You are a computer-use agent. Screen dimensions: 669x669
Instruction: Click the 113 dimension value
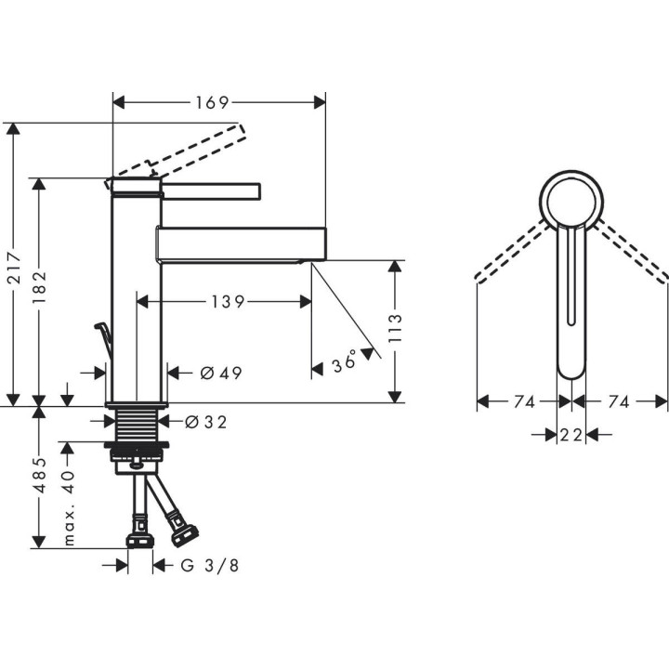(x=395, y=332)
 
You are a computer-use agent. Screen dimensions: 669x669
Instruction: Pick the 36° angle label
(x=345, y=362)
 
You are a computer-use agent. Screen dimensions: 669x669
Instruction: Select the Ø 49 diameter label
(x=220, y=374)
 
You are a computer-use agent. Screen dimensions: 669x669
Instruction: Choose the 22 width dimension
(x=571, y=433)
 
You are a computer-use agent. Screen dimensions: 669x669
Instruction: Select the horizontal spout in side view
(x=242, y=243)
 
